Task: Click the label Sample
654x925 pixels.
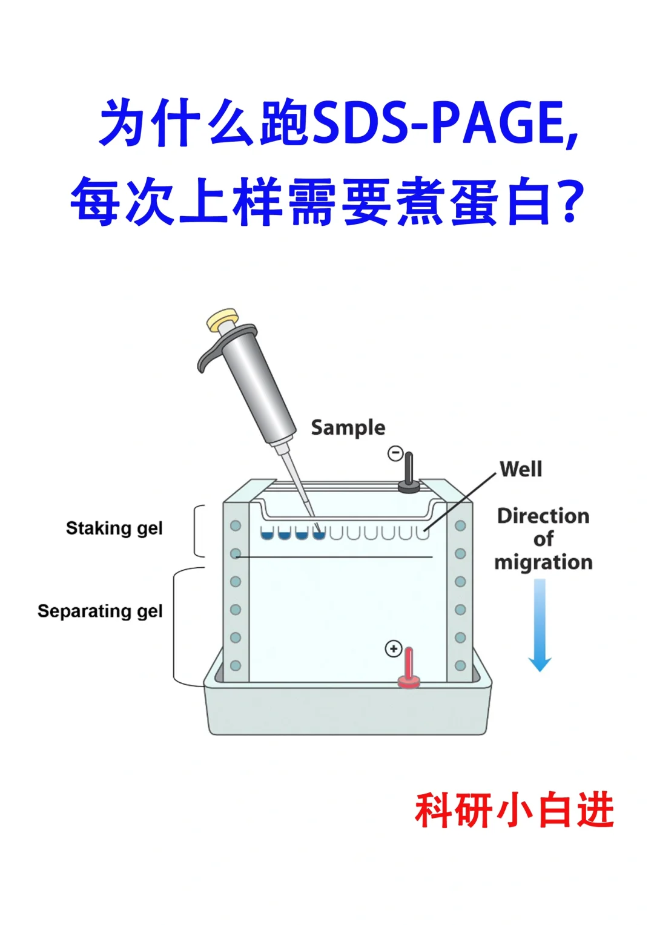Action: [348, 427]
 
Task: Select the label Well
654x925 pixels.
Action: [521, 469]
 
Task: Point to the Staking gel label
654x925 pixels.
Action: [114, 528]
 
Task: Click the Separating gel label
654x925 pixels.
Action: [100, 611]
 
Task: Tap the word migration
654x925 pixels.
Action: [543, 562]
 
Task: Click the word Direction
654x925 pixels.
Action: [543, 516]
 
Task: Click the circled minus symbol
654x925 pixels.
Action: [395, 453]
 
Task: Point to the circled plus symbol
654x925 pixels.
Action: [394, 649]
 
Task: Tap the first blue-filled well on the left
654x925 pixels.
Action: [267, 533]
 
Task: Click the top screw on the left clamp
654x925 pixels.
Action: [236, 525]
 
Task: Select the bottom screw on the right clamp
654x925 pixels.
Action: [460, 665]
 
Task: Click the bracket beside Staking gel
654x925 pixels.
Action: [197, 531]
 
